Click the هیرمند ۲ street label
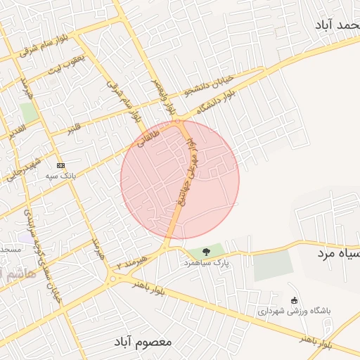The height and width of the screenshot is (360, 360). point(134,263)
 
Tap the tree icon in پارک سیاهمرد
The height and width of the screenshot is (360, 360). point(206,251)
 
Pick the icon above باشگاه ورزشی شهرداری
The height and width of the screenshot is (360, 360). point(294,300)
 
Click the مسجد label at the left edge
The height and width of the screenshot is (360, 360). point(10,250)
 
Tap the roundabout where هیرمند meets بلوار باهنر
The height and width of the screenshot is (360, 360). point(112,280)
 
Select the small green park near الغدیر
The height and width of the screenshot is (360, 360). point(28,112)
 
